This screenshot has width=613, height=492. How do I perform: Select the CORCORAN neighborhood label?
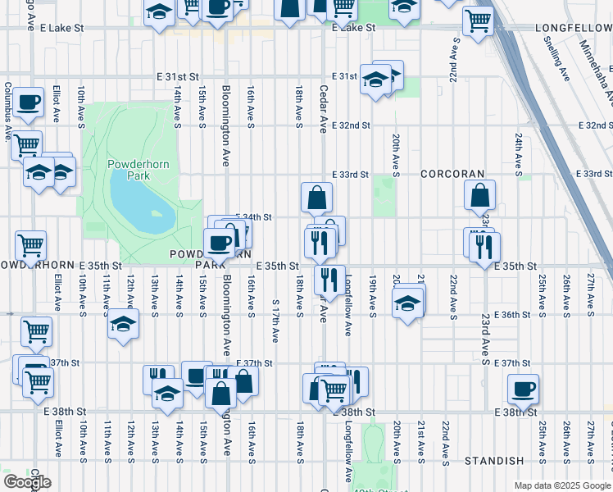click(x=452, y=175)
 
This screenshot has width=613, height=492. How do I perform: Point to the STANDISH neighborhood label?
click(x=493, y=462)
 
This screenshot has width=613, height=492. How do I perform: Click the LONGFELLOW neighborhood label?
click(x=573, y=27)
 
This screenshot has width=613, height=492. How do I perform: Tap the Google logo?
click(x=27, y=482)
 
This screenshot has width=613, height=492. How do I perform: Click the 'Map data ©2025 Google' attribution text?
click(x=562, y=485)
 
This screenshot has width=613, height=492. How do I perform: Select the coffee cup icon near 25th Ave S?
click(x=523, y=389)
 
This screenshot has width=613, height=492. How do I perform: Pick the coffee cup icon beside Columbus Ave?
click(x=29, y=102)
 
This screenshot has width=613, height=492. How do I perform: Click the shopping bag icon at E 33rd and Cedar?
click(x=316, y=197)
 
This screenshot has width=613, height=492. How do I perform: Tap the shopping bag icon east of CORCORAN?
click(x=480, y=195)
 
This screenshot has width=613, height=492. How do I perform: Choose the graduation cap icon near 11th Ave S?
click(x=122, y=325)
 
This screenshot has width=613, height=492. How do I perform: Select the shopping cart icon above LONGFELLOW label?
click(x=478, y=20)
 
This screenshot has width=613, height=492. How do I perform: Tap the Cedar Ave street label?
click(x=324, y=107)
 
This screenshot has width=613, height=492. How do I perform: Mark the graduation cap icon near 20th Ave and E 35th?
click(x=407, y=303)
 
